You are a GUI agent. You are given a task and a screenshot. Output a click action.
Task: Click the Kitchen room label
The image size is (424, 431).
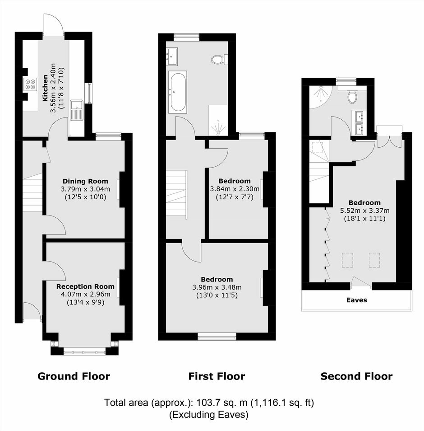(45, 88)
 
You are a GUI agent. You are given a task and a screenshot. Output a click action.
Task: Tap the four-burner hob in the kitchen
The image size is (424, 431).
(30, 84)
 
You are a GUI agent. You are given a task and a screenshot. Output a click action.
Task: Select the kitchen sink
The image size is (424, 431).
(77, 110)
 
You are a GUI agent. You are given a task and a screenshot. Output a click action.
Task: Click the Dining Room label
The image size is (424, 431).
(85, 181)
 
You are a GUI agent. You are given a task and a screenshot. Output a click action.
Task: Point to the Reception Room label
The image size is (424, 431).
(85, 286)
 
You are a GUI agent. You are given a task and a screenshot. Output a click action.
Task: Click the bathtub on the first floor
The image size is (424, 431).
(178, 92)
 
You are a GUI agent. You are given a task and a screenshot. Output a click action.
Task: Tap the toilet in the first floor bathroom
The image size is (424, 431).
(220, 59)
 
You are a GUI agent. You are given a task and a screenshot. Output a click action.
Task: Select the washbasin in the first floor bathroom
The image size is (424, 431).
(172, 56)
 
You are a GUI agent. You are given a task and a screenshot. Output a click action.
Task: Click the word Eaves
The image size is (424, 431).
(356, 300)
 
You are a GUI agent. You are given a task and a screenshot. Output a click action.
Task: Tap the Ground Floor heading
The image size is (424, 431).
(74, 376)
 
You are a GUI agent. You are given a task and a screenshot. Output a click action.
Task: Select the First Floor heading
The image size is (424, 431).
(217, 376)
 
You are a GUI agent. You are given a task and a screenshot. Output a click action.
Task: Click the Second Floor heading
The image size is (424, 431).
(356, 376)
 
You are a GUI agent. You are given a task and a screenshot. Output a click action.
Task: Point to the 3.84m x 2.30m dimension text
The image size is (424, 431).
(235, 189)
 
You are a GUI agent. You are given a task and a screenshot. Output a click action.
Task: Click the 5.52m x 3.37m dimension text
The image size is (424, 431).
(365, 211)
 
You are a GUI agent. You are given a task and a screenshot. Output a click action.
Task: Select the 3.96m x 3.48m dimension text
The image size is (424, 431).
(217, 287)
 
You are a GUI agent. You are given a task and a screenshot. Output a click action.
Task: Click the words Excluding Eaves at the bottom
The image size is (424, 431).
(208, 414)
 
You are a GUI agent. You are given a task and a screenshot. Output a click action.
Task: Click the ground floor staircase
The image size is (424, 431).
(32, 192)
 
